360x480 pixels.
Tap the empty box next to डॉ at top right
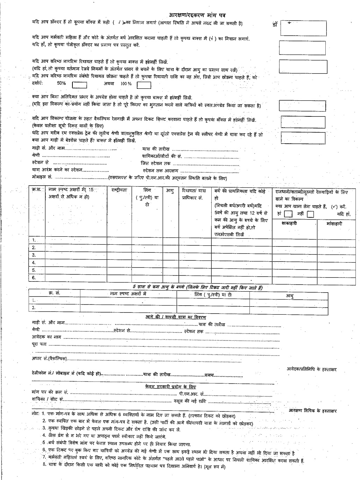(x=303, y=28)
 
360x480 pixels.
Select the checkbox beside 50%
(x=79, y=85)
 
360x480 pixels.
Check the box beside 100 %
(x=144, y=85)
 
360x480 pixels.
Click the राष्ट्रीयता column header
(x=119, y=191)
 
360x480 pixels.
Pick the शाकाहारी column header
(x=289, y=223)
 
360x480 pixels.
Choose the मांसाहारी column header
(x=334, y=223)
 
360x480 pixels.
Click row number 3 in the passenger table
(x=34, y=255)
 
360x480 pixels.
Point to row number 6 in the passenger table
(x=34, y=278)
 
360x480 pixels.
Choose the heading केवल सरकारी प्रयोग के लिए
(x=170, y=387)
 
